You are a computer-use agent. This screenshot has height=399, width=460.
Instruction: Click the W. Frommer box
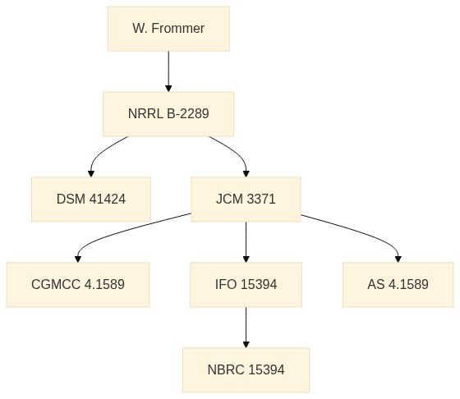[168, 29]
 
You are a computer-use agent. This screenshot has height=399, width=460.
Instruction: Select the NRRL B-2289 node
[168, 114]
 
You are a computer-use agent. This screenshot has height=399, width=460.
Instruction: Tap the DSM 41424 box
[91, 199]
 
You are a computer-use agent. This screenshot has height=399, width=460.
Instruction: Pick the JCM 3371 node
[246, 199]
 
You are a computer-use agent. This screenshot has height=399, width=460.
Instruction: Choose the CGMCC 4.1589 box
[78, 285]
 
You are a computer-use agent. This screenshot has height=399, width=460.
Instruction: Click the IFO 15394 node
[246, 285]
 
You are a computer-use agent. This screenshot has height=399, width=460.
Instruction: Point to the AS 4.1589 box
[398, 285]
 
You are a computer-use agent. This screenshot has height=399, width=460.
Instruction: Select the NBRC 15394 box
[246, 370]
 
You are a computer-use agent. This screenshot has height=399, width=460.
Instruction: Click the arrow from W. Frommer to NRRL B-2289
[168, 71]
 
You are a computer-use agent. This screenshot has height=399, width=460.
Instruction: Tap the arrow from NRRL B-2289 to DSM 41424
[101, 153]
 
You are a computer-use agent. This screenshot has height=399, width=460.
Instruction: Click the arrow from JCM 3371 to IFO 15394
[246, 242]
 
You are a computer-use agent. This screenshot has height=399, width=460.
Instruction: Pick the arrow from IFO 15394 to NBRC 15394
[246, 328]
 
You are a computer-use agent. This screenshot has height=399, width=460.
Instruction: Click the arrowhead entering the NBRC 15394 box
[246, 345]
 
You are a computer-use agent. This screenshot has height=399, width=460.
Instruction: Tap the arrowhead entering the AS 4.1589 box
[398, 259]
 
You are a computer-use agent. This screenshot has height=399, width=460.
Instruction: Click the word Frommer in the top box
[178, 29]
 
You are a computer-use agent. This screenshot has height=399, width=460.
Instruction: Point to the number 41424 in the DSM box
[108, 199]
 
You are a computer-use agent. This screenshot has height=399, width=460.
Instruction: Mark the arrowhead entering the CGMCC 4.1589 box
[78, 259]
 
